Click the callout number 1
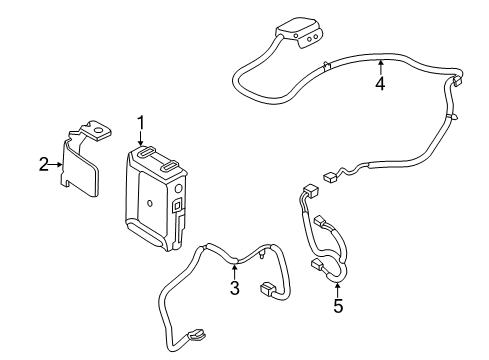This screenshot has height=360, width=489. point(141,123)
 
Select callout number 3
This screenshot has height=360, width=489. point(234,290)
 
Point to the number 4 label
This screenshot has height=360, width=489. point(380,84)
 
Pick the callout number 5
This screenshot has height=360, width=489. point(337,307)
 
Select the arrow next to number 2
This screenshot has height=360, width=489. point(58,164)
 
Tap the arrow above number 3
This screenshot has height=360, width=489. point(234,270)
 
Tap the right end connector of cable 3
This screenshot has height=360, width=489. point(268,291)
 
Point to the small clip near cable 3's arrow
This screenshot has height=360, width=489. point(261,255)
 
